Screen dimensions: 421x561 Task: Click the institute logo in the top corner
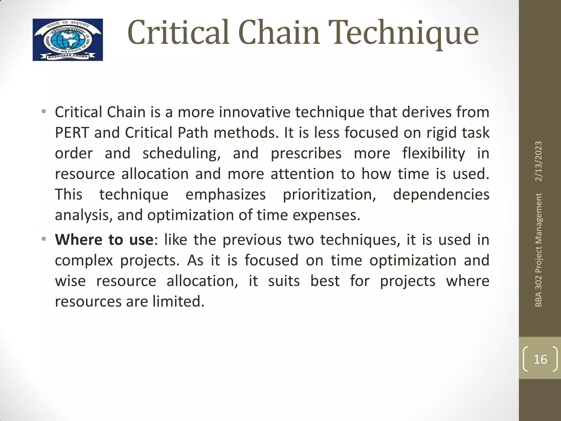[x=68, y=40]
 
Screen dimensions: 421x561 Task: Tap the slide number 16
[x=540, y=359]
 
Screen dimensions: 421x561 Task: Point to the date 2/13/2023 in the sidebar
[x=539, y=161]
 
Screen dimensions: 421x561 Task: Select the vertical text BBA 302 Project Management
[x=539, y=250]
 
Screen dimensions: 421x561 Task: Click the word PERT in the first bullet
[x=72, y=133]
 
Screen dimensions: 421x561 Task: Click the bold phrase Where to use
[x=104, y=240]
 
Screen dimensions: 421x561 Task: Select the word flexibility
[x=434, y=153]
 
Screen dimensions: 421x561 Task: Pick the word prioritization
[x=330, y=195]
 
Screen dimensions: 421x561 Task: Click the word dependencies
[x=441, y=195]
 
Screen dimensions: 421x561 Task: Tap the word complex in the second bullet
[x=84, y=260]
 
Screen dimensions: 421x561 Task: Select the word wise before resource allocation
[x=70, y=281]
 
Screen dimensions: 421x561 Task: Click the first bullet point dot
[x=44, y=112]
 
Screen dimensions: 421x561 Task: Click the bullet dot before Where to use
[x=44, y=239]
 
